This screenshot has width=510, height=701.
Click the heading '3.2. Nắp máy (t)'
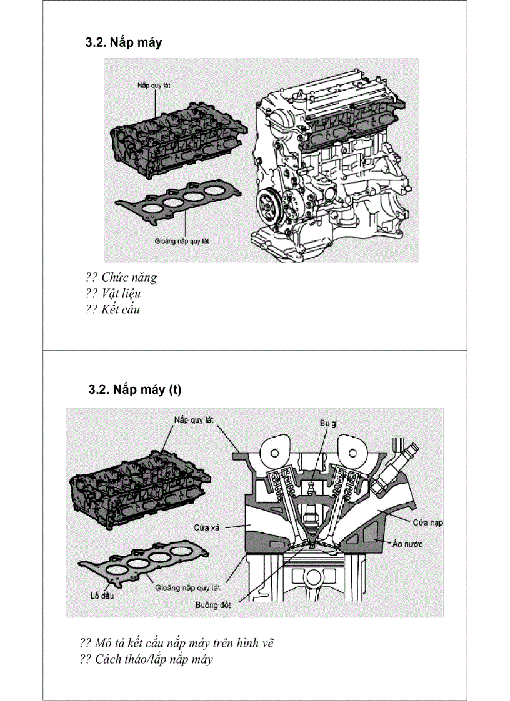[x=135, y=390]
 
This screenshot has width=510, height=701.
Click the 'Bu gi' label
[x=329, y=423]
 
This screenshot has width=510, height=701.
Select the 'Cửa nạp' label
[x=427, y=522]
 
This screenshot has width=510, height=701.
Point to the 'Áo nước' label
[x=407, y=544]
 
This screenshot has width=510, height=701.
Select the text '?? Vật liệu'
[x=113, y=293]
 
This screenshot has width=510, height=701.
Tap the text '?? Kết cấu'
[x=113, y=309]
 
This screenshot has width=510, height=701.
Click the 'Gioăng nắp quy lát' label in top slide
[x=182, y=240]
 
